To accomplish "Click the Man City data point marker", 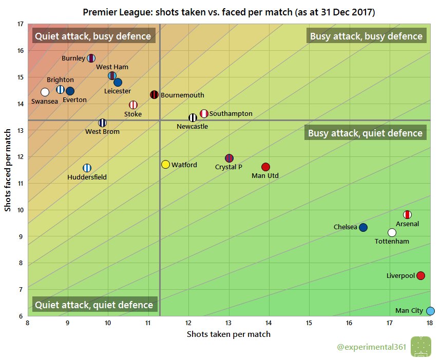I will [x=430, y=311].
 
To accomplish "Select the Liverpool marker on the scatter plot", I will [x=420, y=276].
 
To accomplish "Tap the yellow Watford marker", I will [x=165, y=165].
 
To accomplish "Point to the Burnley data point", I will [x=91, y=58].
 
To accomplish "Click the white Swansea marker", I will [x=45, y=92].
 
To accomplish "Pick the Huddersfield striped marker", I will [x=87, y=168].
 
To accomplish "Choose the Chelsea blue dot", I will [x=363, y=227].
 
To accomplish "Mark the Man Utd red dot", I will [x=265, y=167].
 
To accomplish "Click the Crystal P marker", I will [x=229, y=158].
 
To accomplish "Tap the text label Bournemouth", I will [x=182, y=95].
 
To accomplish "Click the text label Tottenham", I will [x=392, y=241].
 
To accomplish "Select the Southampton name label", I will [x=231, y=113].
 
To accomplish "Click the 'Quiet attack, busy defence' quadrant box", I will [x=93, y=36].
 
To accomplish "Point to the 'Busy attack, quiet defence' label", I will [x=365, y=133].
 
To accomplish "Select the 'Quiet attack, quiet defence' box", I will [x=94, y=305].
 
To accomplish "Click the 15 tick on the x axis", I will [x=309, y=323].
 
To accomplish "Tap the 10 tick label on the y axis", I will [x=20, y=210].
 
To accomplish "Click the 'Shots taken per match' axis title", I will [x=228, y=334].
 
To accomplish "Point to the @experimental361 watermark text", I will [x=371, y=348].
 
